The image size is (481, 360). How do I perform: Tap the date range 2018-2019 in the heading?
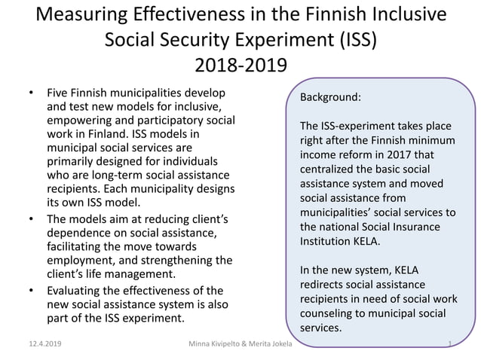click(x=240, y=66)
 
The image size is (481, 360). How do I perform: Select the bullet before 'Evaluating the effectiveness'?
click(x=31, y=290)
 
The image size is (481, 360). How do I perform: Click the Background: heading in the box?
click(x=331, y=98)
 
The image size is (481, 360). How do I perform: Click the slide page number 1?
click(x=449, y=344)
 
